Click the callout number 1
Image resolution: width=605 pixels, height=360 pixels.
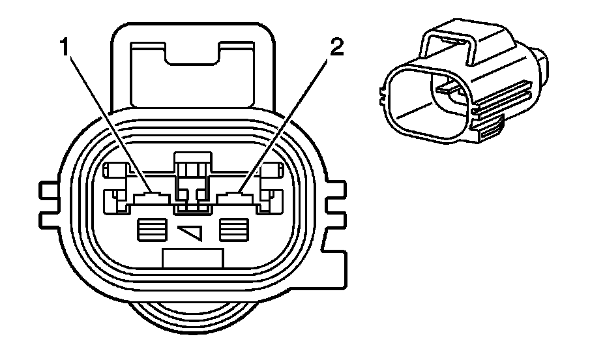(x=65, y=48)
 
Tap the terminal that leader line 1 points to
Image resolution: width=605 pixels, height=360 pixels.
(x=151, y=195)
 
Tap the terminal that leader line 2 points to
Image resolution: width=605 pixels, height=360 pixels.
(x=233, y=195)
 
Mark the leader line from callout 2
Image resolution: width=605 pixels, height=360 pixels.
(x=287, y=117)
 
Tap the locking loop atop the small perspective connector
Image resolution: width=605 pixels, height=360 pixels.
(x=450, y=46)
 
